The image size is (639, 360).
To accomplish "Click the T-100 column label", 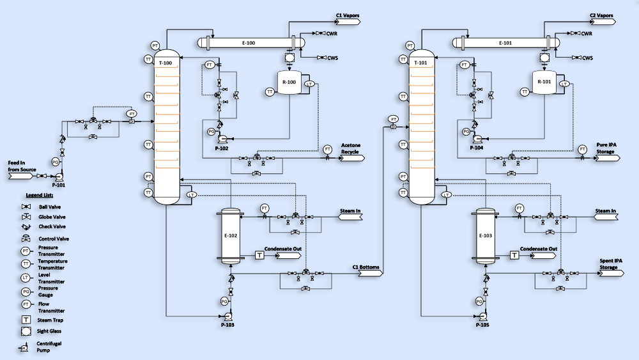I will point(166,63).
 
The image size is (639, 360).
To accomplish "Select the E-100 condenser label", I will point(249,43).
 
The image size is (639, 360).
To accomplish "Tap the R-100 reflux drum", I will point(289,83).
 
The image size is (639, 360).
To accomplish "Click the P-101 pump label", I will point(59,184).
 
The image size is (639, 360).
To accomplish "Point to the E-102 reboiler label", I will point(231,235).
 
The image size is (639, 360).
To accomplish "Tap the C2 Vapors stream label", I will point(601,15).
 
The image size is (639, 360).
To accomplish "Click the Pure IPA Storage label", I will point(606,148).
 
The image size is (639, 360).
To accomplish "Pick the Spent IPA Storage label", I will point(608,264).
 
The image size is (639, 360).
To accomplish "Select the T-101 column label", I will point(420,63).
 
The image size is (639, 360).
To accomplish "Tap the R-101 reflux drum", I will point(544,82).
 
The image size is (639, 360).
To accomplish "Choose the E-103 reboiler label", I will point(485,235).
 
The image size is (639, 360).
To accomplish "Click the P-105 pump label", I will point(483,324).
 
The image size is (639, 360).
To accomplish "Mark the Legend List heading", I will point(39,194).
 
